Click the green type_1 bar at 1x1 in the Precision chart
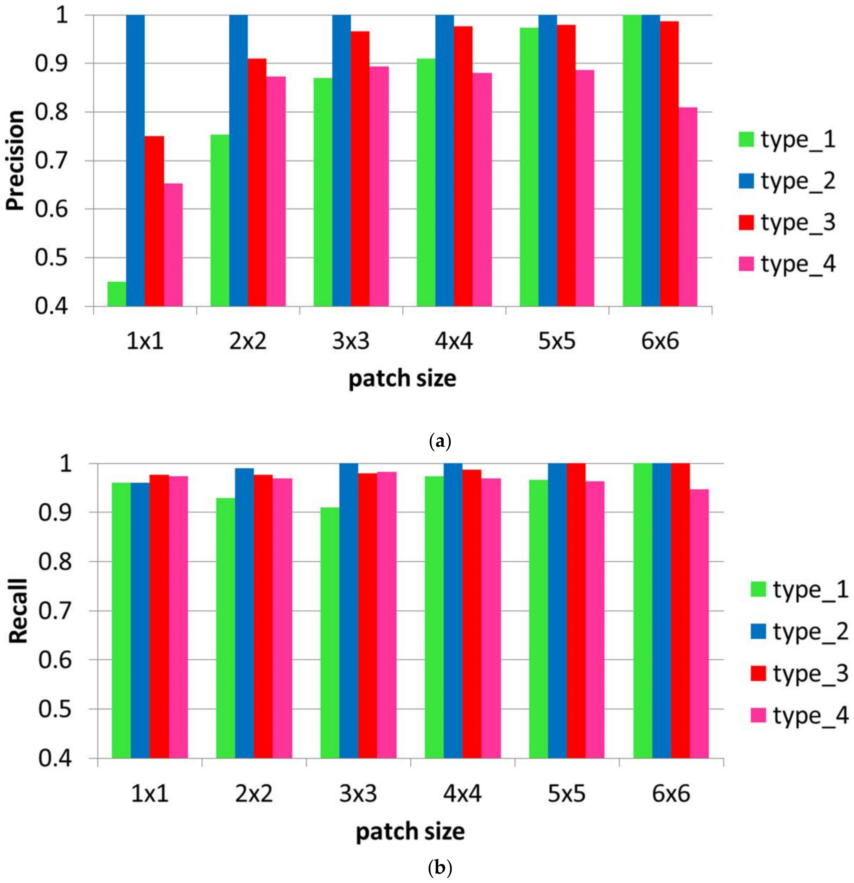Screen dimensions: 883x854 [117, 294]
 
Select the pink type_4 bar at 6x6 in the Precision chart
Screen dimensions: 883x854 [688, 207]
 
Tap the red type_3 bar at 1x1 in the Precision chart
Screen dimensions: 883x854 [154, 221]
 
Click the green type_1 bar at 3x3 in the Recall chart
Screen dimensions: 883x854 [330, 633]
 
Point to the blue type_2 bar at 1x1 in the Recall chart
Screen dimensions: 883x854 [140, 620]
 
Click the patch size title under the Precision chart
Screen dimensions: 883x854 [402, 379]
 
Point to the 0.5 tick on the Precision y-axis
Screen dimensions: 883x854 [51, 258]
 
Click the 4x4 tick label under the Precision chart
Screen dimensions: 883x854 [453, 341]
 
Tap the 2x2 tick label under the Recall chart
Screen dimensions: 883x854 [254, 793]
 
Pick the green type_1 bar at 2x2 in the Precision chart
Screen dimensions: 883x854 [220, 221]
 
